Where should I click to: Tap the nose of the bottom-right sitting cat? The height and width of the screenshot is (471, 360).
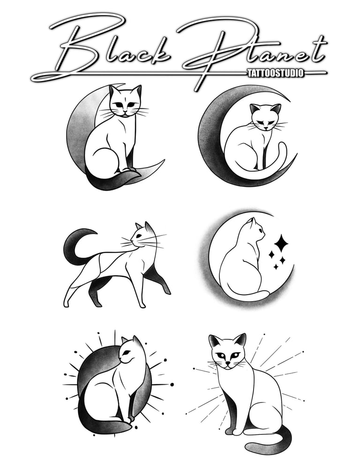(x=228, y=363)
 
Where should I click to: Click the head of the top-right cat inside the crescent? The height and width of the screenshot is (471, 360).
(x=266, y=117)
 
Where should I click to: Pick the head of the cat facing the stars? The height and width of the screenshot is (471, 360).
(x=256, y=230)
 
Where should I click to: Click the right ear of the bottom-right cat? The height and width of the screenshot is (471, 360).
(x=240, y=340)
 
